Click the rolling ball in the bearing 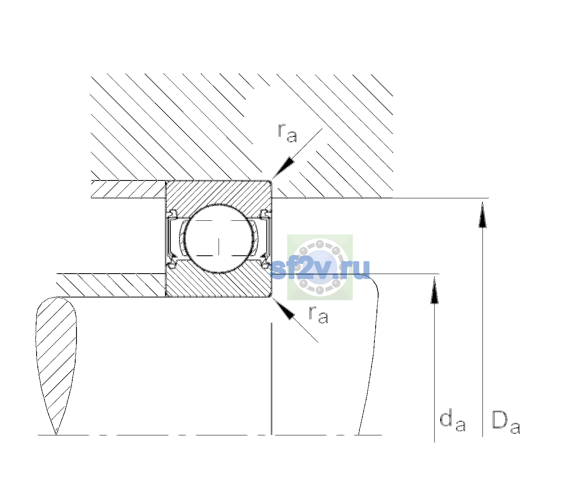219,239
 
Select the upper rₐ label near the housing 287,133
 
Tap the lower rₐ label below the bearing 318,315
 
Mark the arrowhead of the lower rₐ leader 283,309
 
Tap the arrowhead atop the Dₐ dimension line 482,215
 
